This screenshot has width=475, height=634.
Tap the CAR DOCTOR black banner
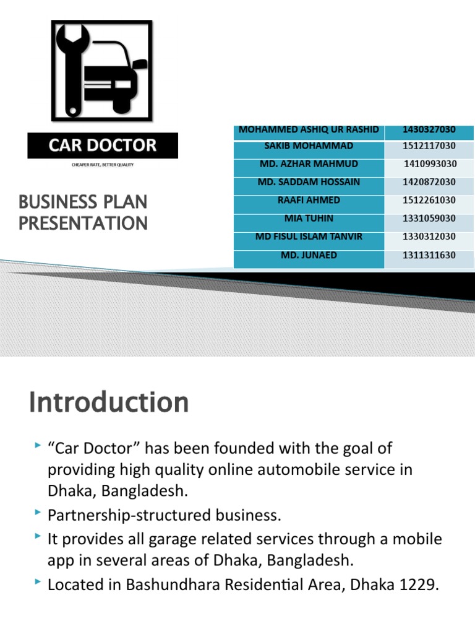point(103,146)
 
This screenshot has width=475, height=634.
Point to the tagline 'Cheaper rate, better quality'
point(103,165)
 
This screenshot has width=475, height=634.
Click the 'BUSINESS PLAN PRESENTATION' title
point(83,212)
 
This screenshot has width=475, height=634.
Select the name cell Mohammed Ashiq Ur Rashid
point(309,130)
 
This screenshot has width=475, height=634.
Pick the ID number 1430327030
point(429,130)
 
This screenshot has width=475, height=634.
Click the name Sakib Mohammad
point(309,146)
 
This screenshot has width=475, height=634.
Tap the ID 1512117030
point(429,146)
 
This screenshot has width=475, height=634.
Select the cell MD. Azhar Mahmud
point(309,164)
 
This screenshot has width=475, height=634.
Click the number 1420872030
point(429,182)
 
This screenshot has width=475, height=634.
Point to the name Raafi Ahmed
point(309,200)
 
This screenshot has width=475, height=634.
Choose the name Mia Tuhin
point(309,219)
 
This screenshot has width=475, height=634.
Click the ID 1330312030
point(429,237)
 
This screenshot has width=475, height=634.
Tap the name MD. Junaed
point(309,254)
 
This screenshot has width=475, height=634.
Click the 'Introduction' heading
point(108,403)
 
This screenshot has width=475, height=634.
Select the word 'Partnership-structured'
point(109,515)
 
